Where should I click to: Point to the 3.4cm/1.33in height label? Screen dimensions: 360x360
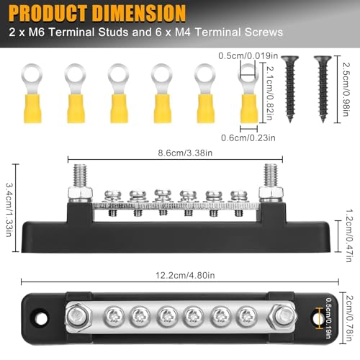click(9, 204)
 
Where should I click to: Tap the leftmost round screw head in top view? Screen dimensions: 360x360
click(114, 315)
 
